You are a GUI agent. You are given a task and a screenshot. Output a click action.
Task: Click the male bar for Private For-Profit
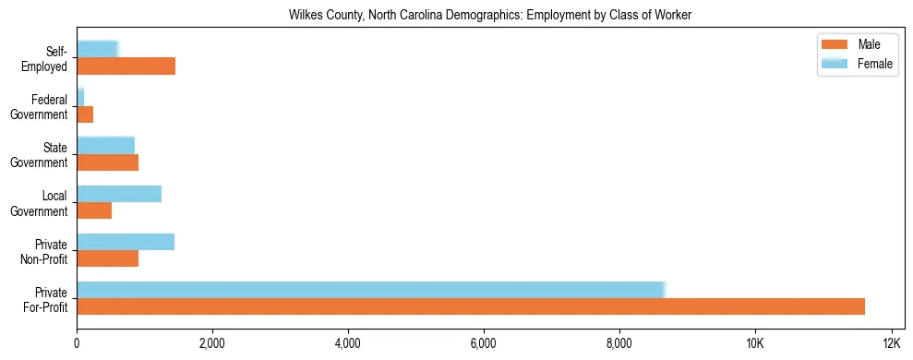pyautogui.click(x=471, y=306)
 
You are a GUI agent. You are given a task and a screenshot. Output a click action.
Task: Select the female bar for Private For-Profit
pyautogui.click(x=370, y=290)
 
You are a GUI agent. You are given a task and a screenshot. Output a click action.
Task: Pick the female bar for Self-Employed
pyautogui.click(x=97, y=50)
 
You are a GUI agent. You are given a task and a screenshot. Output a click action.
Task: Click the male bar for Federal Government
pyautogui.click(x=85, y=114)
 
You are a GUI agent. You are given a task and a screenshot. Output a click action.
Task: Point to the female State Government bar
pyautogui.click(x=105, y=146)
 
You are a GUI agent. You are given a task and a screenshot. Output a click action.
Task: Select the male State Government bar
pyautogui.click(x=107, y=162)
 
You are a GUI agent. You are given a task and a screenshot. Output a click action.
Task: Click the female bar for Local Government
pyautogui.click(x=119, y=194)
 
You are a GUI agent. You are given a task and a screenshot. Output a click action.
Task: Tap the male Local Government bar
pyautogui.click(x=94, y=210)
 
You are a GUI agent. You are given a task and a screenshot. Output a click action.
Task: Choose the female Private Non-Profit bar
pyautogui.click(x=126, y=242)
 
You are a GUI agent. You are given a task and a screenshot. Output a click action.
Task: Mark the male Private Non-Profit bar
pyautogui.click(x=107, y=258)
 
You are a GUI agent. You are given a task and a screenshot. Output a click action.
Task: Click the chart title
pyautogui.click(x=490, y=15)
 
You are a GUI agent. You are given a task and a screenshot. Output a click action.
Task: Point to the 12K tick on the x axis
pyautogui.click(x=890, y=343)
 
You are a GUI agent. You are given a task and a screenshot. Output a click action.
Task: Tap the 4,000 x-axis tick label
pyautogui.click(x=348, y=343)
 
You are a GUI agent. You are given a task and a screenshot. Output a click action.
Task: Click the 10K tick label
pyautogui.click(x=754, y=343)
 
